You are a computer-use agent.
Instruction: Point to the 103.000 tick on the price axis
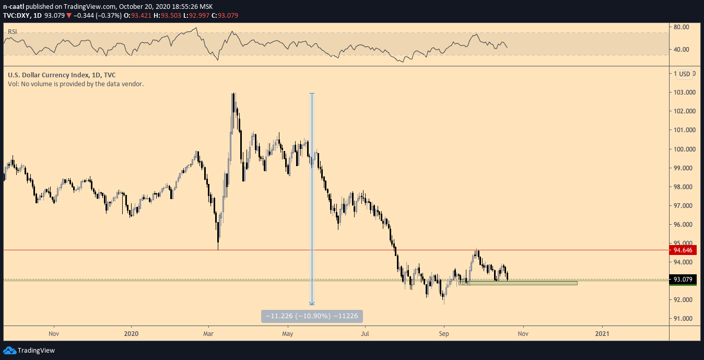click(685, 92)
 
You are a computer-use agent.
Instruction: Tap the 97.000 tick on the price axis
click(685, 205)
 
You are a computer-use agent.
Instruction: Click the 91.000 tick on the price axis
click(685, 318)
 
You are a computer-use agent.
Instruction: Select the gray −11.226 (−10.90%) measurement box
click(312, 316)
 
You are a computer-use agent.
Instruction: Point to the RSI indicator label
click(12, 32)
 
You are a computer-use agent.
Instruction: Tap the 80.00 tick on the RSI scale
click(681, 27)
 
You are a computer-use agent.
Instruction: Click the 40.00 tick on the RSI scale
click(681, 50)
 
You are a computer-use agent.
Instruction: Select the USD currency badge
click(684, 74)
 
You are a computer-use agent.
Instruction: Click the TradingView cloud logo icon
click(9, 351)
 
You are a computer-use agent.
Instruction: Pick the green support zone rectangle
click(518, 283)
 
